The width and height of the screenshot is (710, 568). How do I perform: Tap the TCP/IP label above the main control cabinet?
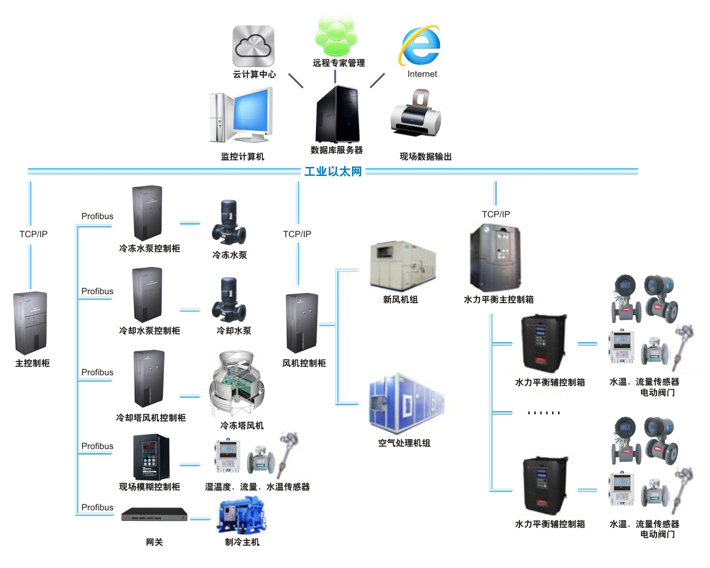33,234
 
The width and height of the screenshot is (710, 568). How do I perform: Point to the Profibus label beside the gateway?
97,507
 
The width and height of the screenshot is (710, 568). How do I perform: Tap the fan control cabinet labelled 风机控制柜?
303,324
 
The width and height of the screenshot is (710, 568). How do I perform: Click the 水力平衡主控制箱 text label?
499,298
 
